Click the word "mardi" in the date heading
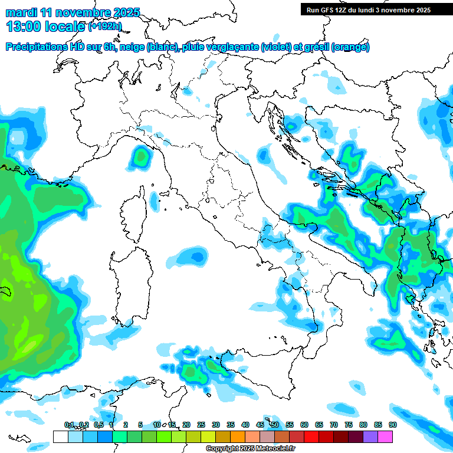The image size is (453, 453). point(21,12)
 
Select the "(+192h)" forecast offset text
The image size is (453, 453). point(105,27)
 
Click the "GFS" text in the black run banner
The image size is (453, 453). point(329,10)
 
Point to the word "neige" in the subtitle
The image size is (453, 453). point(132,47)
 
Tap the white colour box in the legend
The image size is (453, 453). point(60,436)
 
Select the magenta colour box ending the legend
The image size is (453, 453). point(385,436)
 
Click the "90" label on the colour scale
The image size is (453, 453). point(392,425)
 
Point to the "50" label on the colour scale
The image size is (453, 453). point(275,425)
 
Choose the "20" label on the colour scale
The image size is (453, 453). point(186,425)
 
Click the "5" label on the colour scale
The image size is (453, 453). point(140,425)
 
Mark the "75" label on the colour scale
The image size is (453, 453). point(349,425)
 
